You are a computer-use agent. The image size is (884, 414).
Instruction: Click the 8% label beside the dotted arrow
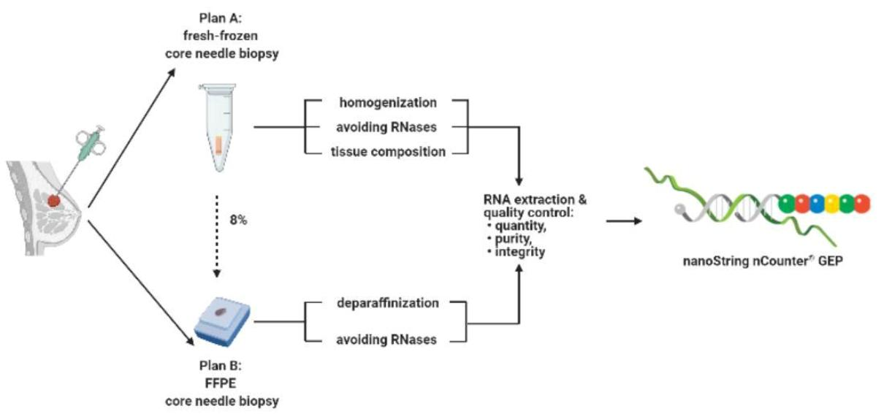[x=239, y=220]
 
